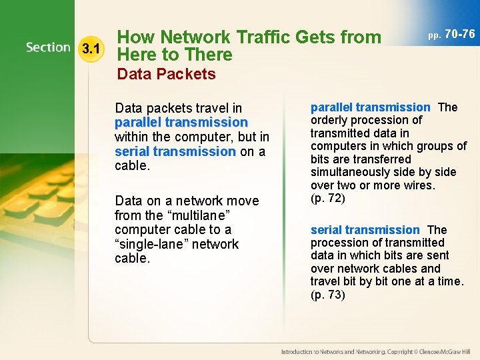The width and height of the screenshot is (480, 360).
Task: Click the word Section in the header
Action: (48, 47)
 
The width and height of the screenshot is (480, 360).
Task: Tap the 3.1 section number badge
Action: (91, 49)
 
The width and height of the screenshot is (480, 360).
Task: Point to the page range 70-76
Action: (459, 33)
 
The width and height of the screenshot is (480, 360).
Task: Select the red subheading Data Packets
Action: (166, 74)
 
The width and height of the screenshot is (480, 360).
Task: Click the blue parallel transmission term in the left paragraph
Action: (181, 123)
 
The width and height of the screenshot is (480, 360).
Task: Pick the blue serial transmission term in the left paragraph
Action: (175, 151)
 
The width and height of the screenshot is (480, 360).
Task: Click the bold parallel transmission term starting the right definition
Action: (370, 107)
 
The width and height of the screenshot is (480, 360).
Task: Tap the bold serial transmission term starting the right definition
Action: (365, 230)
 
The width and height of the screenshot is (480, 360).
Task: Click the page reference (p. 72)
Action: (328, 198)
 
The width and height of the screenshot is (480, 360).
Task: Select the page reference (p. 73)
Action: (328, 295)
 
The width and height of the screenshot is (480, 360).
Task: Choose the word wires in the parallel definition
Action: (417, 185)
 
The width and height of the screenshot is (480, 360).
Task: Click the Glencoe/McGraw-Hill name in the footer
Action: (445, 351)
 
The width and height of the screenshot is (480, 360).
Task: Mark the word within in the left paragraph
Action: (133, 137)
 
